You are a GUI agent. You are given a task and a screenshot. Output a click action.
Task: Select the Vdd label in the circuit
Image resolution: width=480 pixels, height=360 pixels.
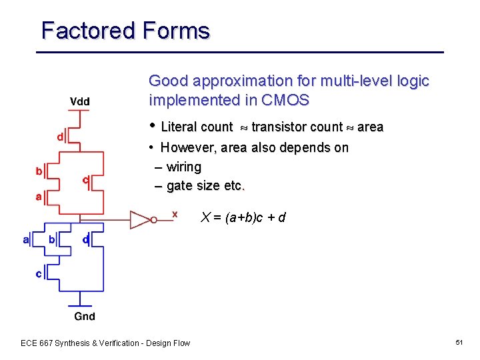pos(80,101)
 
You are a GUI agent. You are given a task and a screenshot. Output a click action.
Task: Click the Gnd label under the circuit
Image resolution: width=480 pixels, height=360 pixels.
pos(85,317)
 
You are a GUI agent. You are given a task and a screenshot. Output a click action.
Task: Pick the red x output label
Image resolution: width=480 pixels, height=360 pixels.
pos(175,213)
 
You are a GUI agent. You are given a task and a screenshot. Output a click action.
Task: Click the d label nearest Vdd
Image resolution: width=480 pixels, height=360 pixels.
pos(60,137)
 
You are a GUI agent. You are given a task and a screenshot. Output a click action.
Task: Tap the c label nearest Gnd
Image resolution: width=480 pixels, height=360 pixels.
pos(39,273)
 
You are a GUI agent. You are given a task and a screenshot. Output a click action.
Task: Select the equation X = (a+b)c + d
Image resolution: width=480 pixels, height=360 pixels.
pos(243,217)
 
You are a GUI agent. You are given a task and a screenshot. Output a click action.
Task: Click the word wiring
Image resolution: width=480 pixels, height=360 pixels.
pos(183,167)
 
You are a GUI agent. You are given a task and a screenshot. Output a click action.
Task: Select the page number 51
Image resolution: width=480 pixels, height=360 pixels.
pos(459,342)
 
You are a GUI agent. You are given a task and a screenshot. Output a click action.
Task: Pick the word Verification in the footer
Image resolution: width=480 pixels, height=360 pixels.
pos(120,343)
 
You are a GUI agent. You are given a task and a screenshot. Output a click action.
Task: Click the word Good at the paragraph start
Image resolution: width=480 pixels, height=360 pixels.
pos(168,81)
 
